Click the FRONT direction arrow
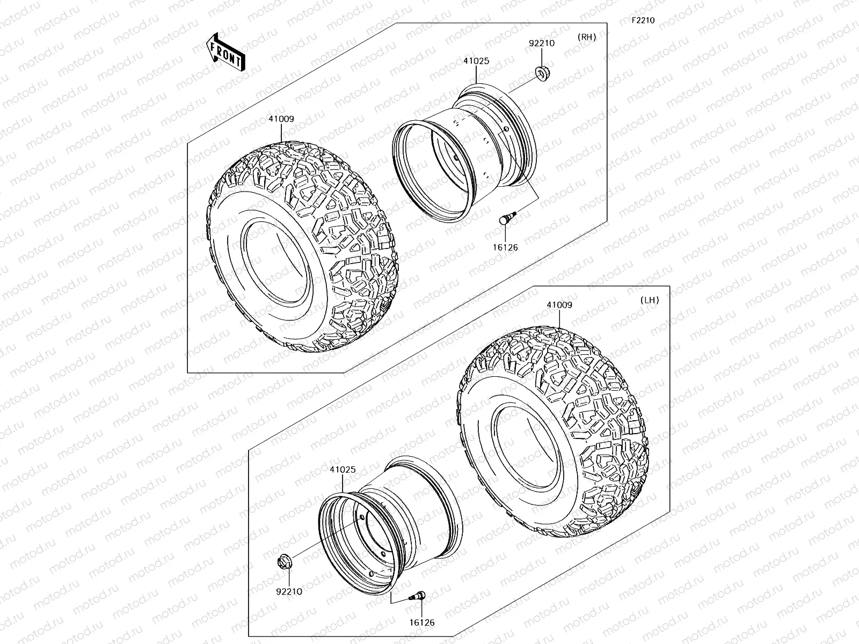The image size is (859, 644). [x=225, y=52]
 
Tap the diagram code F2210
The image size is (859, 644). [x=643, y=20]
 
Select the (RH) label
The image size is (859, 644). [x=587, y=37]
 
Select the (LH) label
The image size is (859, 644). [x=650, y=300]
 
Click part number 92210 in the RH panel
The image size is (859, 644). [x=542, y=43]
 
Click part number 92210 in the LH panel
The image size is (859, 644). [x=289, y=591]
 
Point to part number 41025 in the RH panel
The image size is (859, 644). [x=476, y=61]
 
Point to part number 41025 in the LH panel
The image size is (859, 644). [x=343, y=470]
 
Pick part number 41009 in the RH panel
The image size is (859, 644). [x=281, y=119]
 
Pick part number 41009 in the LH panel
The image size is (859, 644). [x=559, y=305]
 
